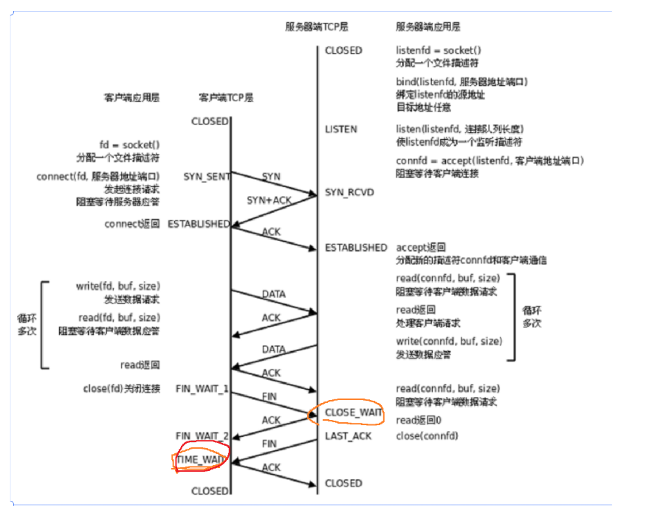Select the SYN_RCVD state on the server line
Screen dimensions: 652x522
349,192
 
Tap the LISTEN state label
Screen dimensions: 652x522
340,129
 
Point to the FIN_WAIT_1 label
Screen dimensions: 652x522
202,388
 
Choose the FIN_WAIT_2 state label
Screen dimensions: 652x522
202,435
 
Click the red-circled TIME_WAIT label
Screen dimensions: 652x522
199,460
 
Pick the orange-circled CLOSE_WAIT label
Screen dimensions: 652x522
353,413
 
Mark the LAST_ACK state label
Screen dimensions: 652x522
348,436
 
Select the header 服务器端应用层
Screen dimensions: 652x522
428,27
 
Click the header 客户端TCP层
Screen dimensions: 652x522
226,98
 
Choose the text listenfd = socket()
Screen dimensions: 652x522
434,50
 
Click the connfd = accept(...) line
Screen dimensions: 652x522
490,160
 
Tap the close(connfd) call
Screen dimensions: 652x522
427,436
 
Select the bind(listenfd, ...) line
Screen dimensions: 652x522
461,82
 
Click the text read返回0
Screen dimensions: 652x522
419,420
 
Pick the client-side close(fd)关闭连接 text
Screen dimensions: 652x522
121,388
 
